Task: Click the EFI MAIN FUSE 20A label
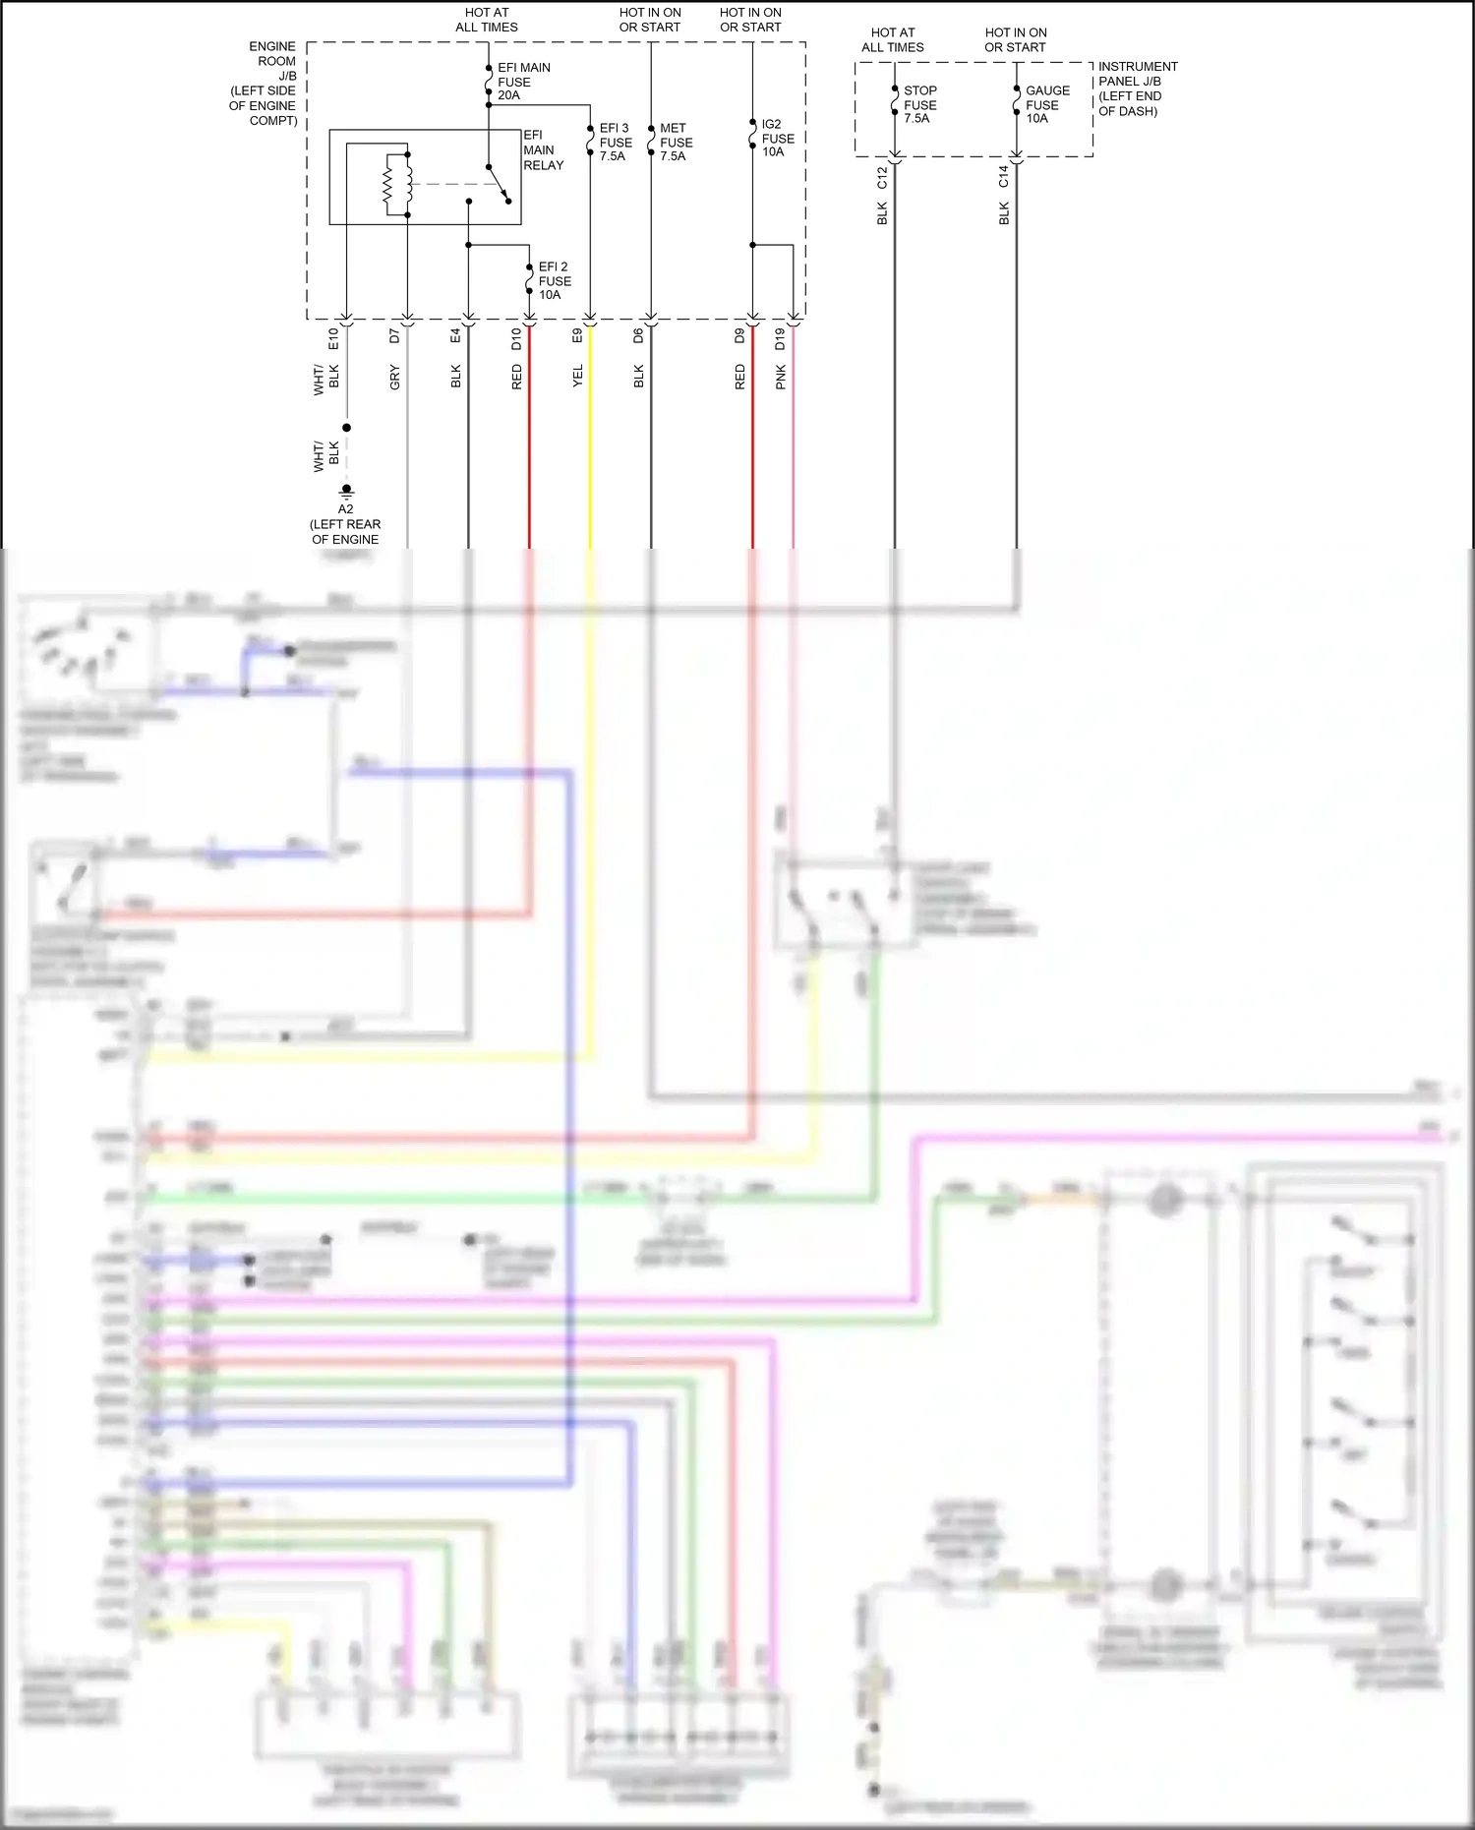point(522,82)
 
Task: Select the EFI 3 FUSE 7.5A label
point(615,143)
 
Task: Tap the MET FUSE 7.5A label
point(676,143)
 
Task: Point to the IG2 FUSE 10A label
point(777,139)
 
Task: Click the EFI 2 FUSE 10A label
point(554,281)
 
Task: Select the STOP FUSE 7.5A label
point(919,104)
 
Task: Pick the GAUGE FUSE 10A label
point(1046,104)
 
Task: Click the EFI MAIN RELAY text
point(543,150)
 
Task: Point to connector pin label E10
point(333,339)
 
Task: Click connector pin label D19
point(780,339)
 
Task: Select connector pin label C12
point(882,178)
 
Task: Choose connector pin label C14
point(1004,177)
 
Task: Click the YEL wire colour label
point(577,376)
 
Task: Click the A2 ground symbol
point(346,490)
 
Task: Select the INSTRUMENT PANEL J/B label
point(1136,89)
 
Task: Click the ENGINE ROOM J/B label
point(264,84)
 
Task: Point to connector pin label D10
point(516,339)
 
